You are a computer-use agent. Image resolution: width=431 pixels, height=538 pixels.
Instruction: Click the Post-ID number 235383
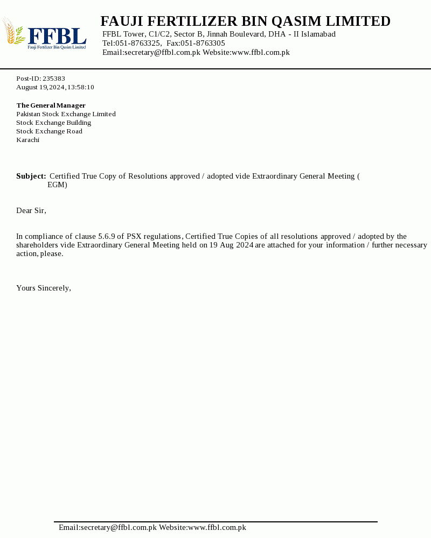pyautogui.click(x=54, y=79)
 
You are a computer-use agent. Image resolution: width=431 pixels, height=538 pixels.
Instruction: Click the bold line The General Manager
pyautogui.click(x=51, y=105)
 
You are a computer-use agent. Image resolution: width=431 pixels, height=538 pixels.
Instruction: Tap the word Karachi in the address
pyautogui.click(x=27, y=140)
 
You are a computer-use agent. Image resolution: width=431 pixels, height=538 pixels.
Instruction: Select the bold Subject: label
pyautogui.click(x=31, y=176)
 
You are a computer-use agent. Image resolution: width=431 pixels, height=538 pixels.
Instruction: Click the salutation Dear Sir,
pyautogui.click(x=31, y=210)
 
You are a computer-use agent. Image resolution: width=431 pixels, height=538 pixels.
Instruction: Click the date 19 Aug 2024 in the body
pyautogui.click(x=231, y=245)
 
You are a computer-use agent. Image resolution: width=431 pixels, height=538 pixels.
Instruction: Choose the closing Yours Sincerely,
pyautogui.click(x=44, y=288)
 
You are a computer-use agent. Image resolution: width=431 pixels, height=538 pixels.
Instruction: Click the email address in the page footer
pyautogui.click(x=108, y=528)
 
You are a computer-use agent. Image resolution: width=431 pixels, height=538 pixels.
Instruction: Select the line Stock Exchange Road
pyautogui.click(x=49, y=131)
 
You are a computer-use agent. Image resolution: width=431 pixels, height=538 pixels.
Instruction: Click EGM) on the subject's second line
pyautogui.click(x=57, y=185)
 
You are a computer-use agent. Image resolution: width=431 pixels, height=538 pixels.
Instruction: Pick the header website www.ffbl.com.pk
pyautogui.click(x=260, y=52)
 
